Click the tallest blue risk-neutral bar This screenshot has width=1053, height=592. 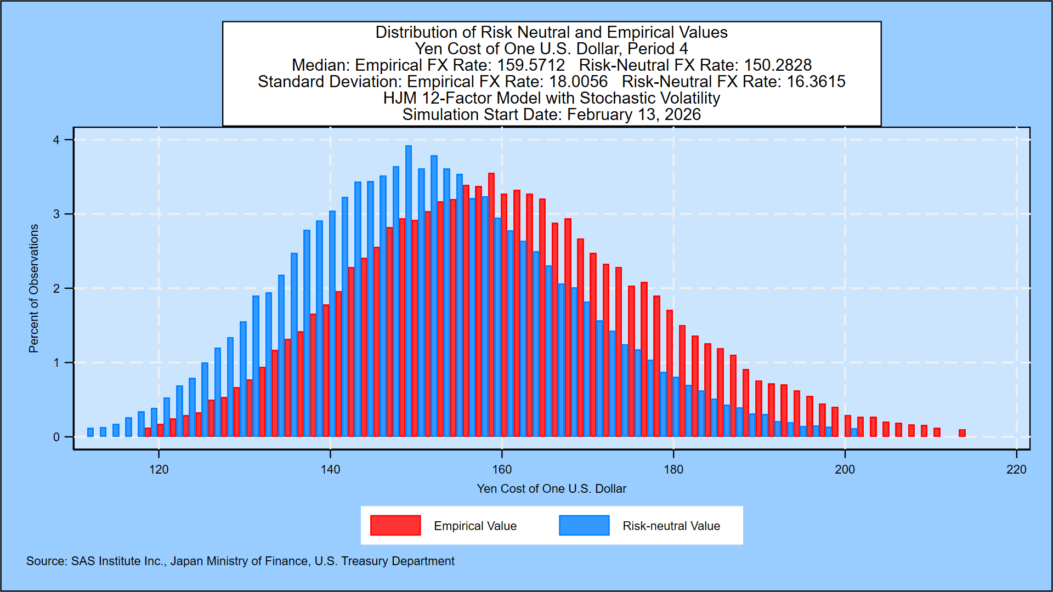(409, 291)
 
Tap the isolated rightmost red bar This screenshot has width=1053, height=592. (962, 433)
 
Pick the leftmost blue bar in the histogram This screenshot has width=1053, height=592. (90, 432)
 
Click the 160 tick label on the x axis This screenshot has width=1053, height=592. (502, 470)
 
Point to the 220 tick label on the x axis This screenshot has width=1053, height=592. (1016, 470)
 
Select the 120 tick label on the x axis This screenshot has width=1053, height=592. (159, 470)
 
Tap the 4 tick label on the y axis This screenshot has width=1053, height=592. (56, 140)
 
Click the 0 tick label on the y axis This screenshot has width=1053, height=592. (56, 437)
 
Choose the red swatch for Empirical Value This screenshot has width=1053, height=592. (395, 525)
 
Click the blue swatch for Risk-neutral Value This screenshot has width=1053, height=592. (584, 525)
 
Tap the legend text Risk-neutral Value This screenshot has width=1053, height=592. (671, 526)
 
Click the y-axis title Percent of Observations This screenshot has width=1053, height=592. (34, 288)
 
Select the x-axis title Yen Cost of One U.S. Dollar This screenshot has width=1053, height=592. (551, 489)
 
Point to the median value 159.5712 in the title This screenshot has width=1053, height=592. (531, 65)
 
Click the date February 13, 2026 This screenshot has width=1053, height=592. (634, 115)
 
